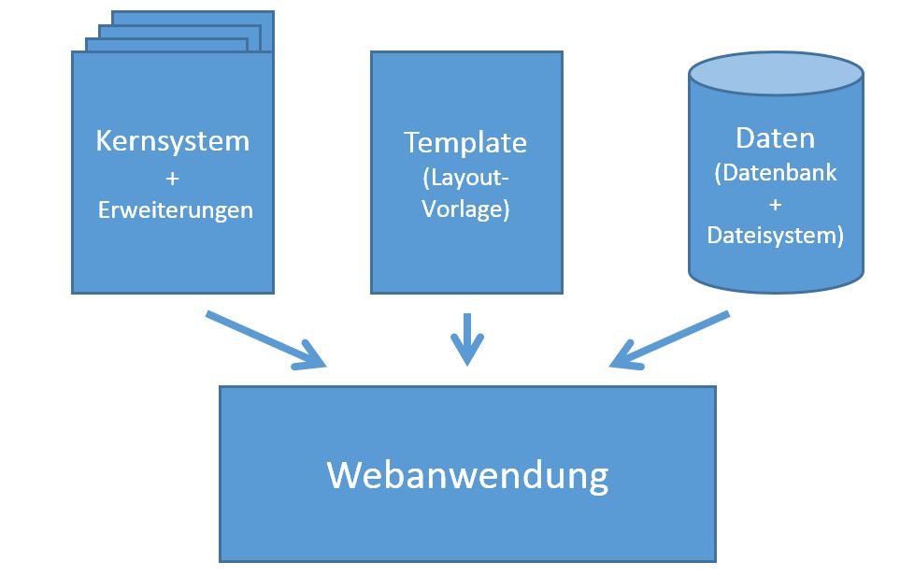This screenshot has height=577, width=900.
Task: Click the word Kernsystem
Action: tap(173, 141)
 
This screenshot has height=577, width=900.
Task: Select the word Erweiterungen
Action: tap(175, 209)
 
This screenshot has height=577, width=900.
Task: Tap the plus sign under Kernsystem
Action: tap(173, 178)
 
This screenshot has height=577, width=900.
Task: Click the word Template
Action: tap(465, 142)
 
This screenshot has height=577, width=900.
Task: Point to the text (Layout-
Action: tap(465, 178)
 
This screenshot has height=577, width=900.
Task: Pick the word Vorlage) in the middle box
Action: tap(465, 209)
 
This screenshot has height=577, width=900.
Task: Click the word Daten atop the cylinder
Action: tap(775, 137)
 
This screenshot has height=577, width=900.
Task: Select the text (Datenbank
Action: tap(775, 173)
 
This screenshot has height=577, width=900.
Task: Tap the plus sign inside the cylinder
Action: tap(775, 205)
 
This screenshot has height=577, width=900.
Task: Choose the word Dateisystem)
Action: tap(775, 236)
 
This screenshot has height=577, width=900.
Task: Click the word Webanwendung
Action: tap(467, 474)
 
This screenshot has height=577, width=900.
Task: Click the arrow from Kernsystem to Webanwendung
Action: tap(262, 339)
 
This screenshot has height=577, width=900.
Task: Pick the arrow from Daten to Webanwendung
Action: tap(673, 339)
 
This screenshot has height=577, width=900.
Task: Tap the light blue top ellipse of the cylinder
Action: tap(775, 74)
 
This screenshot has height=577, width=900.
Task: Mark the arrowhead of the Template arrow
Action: tap(466, 354)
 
